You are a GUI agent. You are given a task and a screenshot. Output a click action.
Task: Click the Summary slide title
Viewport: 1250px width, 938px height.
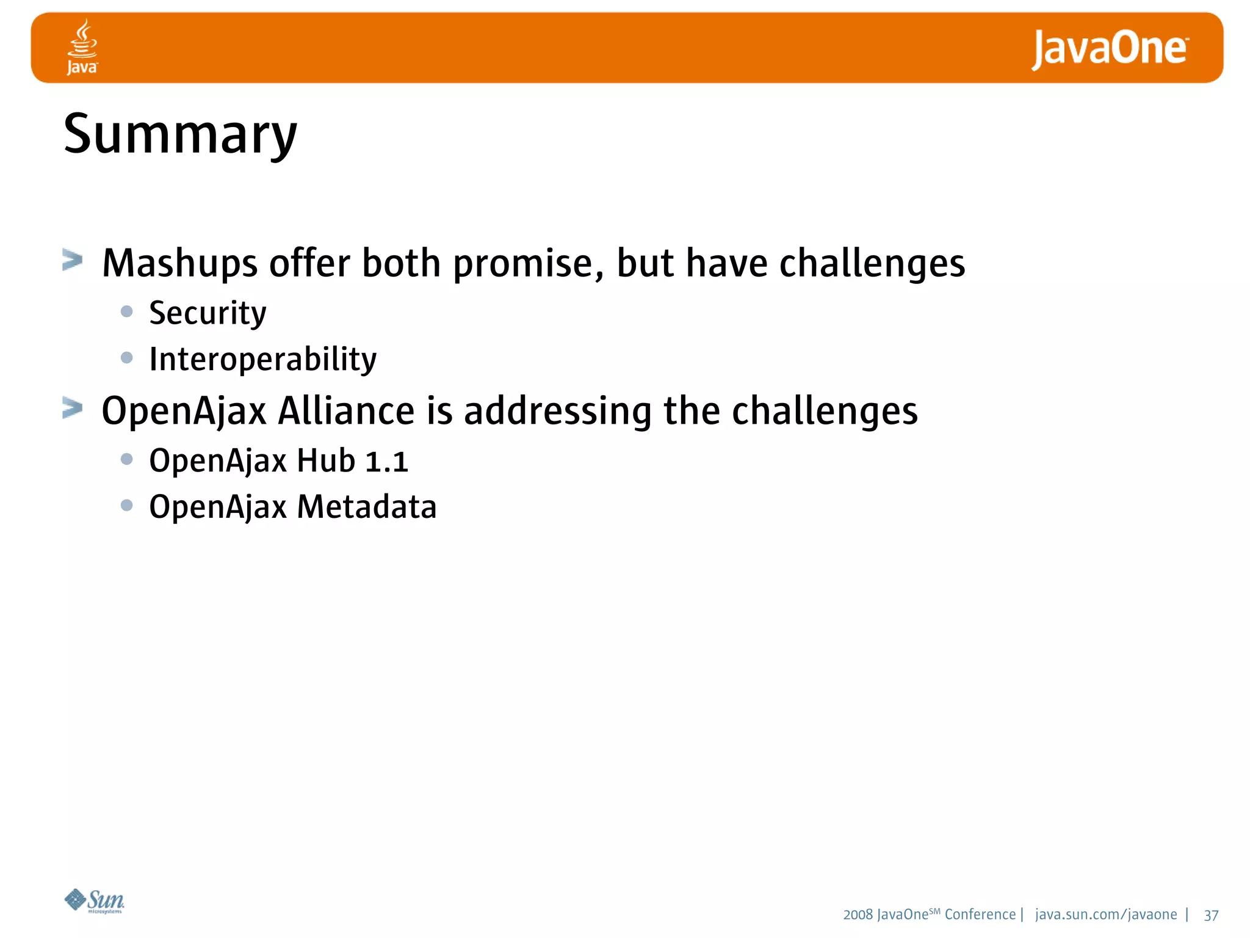click(x=180, y=134)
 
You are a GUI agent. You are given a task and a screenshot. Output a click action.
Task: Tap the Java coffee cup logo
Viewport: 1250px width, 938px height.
click(x=82, y=47)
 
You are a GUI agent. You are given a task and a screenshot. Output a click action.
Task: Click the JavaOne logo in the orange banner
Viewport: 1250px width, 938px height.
click(x=1110, y=49)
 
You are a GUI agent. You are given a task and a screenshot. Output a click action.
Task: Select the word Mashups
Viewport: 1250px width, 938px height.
click(x=180, y=264)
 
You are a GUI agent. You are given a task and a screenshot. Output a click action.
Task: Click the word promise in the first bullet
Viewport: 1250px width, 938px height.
click(x=528, y=264)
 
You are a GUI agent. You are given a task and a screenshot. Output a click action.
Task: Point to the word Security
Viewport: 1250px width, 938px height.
click(x=208, y=313)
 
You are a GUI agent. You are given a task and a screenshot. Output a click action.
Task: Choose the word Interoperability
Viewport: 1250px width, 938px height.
click(x=262, y=359)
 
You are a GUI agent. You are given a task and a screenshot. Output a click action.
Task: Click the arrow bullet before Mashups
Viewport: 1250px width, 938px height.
click(x=73, y=260)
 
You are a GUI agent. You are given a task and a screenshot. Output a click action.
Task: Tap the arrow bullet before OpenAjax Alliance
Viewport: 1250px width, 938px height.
click(x=73, y=408)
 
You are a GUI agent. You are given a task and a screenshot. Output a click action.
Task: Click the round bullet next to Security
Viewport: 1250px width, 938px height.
click(x=127, y=311)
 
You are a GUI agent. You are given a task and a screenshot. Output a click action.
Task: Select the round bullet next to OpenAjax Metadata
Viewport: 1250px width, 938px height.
click(x=127, y=505)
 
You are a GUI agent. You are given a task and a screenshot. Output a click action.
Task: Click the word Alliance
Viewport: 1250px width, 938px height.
click(x=346, y=410)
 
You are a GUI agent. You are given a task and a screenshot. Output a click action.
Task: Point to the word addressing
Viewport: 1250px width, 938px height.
click(x=557, y=410)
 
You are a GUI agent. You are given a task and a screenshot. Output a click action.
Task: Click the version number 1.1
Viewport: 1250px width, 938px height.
click(x=386, y=461)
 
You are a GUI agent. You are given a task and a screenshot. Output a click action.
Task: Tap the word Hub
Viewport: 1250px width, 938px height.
click(x=326, y=461)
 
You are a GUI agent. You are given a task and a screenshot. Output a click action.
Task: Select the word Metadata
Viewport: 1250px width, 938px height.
click(x=367, y=507)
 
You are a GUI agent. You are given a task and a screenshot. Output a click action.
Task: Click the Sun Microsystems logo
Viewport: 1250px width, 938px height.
click(x=95, y=901)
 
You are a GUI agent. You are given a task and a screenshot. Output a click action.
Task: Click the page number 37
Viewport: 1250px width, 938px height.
click(x=1211, y=915)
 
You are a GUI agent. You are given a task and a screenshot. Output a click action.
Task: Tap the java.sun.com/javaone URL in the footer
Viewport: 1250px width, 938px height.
click(x=1106, y=915)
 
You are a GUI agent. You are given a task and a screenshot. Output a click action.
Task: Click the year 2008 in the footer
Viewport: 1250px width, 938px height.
click(x=858, y=915)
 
